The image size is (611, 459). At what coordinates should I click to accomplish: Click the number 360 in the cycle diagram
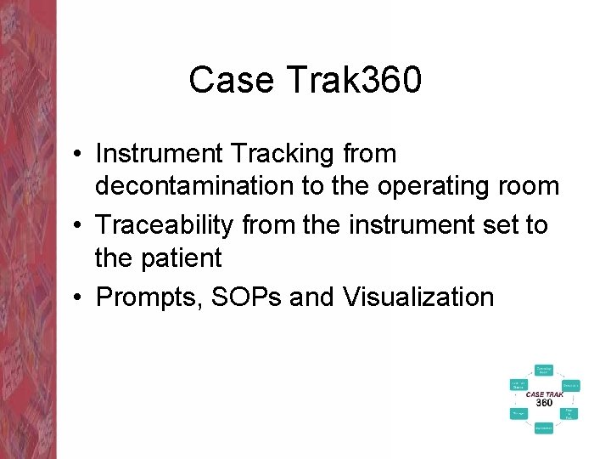[x=544, y=403]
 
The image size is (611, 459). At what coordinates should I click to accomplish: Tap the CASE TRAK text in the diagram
[x=543, y=394]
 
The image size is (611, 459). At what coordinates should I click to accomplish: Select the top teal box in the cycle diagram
[x=543, y=370]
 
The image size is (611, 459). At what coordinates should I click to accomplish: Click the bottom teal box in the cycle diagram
[x=543, y=428]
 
